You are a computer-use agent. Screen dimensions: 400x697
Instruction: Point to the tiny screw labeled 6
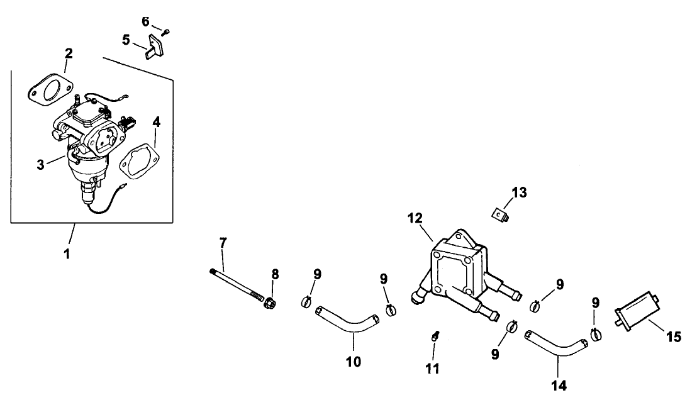[167, 30]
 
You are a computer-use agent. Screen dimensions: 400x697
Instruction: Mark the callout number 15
[673, 338]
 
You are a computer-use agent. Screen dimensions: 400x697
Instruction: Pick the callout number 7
[222, 243]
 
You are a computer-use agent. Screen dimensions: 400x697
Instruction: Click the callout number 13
[520, 192]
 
